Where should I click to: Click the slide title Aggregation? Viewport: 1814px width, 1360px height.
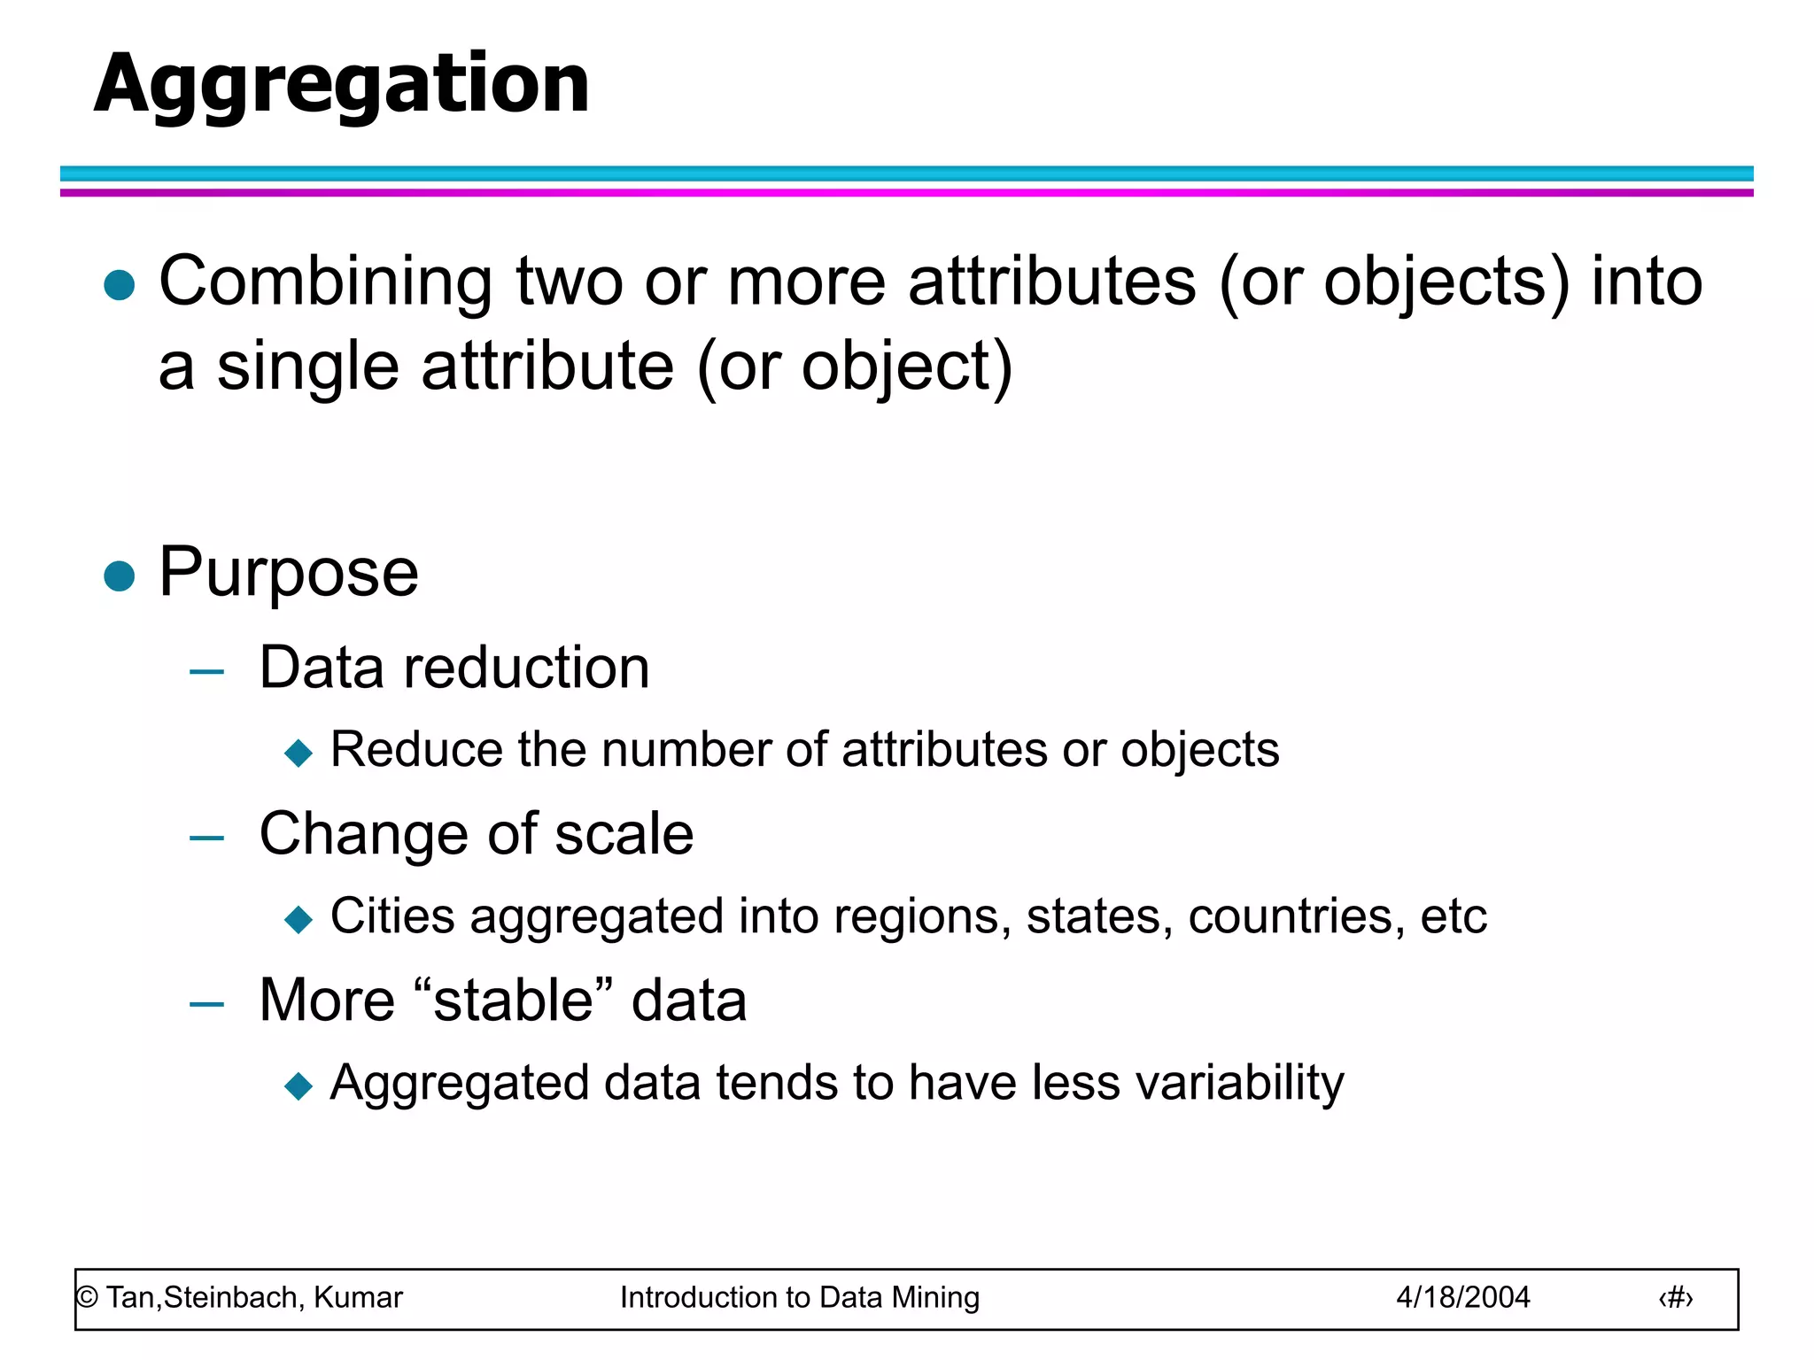pos(342,84)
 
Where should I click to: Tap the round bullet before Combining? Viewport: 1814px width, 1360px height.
pos(119,285)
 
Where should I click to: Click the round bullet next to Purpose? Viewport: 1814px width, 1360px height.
pos(119,576)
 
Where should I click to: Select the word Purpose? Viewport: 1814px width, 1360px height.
pos(289,574)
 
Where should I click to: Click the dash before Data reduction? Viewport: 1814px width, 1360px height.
pos(206,672)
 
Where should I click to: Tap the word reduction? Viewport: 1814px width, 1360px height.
pos(526,668)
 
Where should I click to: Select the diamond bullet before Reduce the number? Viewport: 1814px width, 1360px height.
pos(298,753)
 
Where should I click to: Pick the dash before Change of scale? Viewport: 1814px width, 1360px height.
pos(206,838)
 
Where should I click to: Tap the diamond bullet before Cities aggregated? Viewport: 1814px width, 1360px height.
pos(298,919)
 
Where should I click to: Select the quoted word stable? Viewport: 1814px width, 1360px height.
pos(515,1001)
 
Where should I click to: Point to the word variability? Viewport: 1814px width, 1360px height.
pos(1239,1084)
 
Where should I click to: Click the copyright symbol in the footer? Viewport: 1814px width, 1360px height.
pos(87,1298)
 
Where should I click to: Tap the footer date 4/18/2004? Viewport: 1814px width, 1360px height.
pos(1462,1298)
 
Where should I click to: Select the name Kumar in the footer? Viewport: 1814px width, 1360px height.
pos(358,1298)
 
